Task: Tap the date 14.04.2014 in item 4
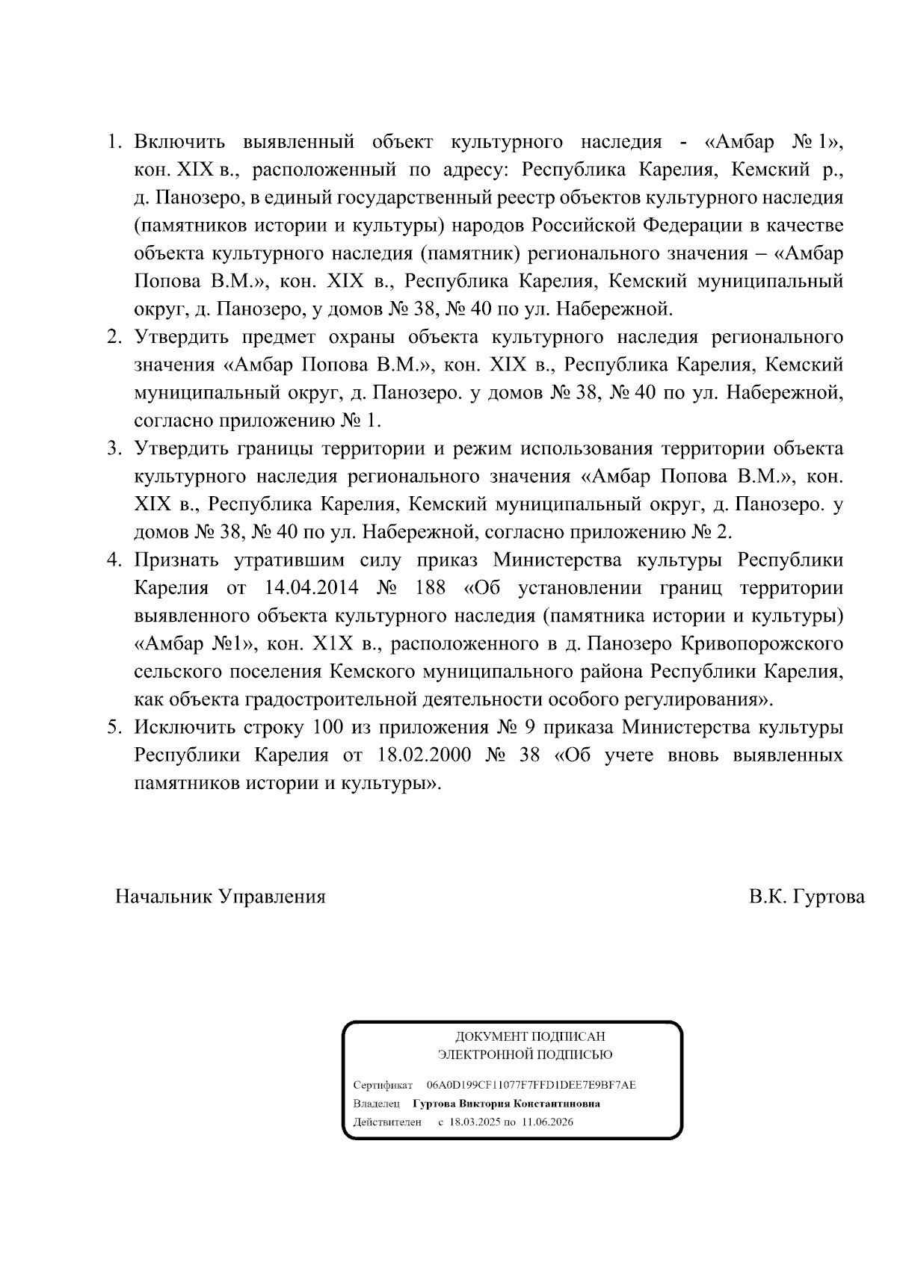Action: (x=312, y=588)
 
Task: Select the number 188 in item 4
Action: (x=429, y=588)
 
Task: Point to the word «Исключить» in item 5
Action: (x=183, y=727)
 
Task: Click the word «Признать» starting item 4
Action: (x=176, y=560)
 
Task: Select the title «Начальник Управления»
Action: (x=221, y=897)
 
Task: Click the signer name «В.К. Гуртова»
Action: (x=807, y=897)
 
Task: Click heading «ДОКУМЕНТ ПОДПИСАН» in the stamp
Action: (x=530, y=1036)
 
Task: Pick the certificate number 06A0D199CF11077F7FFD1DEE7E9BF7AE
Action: (x=531, y=1084)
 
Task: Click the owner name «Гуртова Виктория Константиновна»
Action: (x=506, y=1104)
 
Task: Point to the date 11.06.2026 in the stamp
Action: (x=548, y=1122)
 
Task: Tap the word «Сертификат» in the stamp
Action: (x=383, y=1084)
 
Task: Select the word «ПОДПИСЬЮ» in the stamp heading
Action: (x=576, y=1055)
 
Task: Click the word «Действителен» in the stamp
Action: (x=386, y=1122)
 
